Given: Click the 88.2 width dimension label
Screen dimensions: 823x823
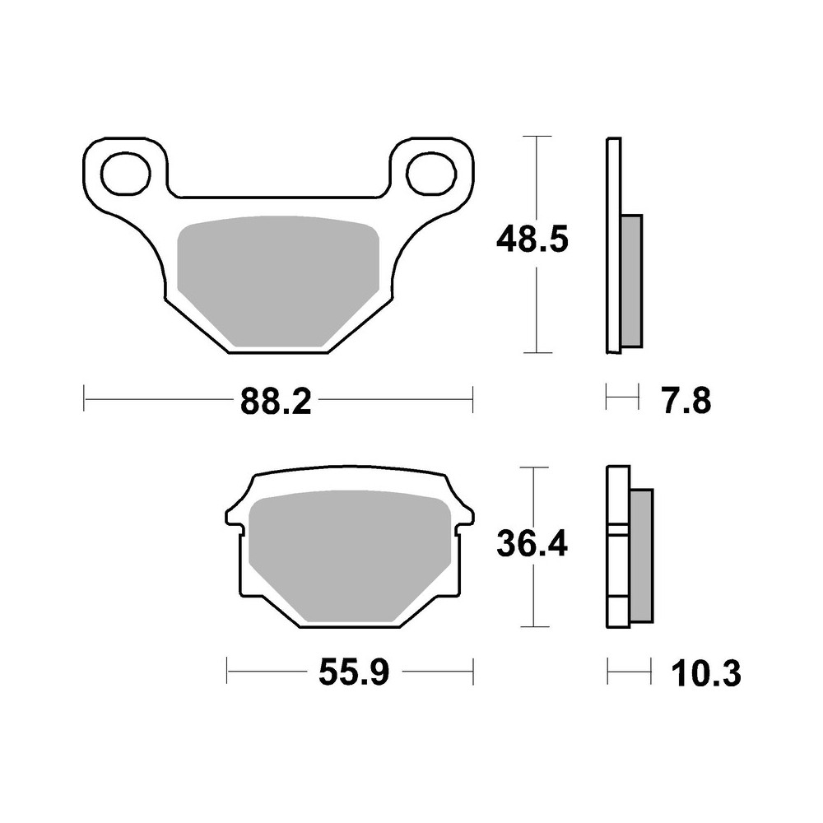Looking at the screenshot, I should [x=275, y=402].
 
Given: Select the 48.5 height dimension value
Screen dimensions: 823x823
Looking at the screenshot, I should [x=532, y=240].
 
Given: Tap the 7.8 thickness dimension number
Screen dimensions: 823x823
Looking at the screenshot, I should [x=684, y=402].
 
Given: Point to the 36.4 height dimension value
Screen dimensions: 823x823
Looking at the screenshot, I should [x=532, y=543].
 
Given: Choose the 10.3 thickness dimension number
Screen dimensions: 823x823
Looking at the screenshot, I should [x=705, y=674].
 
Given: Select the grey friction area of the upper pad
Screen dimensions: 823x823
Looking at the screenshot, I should [x=277, y=280].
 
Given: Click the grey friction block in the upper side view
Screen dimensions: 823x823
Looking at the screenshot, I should [x=630, y=280].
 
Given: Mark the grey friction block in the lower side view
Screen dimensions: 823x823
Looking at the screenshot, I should [x=641, y=556].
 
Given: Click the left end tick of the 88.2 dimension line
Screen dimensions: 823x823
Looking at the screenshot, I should [x=85, y=401].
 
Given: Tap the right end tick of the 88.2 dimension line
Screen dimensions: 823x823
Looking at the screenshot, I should [x=473, y=401].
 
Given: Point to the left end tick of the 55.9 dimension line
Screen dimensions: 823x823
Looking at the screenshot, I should [x=227, y=671].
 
